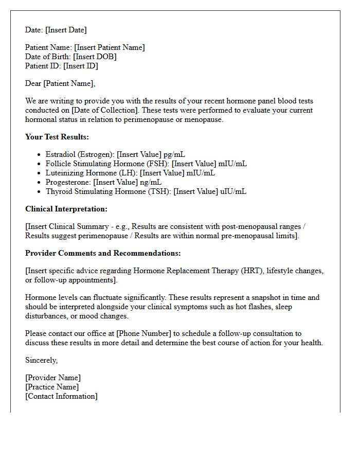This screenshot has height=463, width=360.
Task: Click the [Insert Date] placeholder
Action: pyautogui.click(x=66, y=30)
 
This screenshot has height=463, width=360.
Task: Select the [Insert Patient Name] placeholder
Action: pyautogui.click(x=109, y=47)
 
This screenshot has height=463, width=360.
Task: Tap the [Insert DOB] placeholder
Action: pyautogui.click(x=95, y=57)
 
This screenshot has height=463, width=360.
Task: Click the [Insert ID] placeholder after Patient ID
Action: pyautogui.click(x=80, y=66)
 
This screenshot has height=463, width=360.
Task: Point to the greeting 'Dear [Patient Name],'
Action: pyautogui.click(x=60, y=83)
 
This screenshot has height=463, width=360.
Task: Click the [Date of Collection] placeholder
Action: pyautogui.click(x=106, y=110)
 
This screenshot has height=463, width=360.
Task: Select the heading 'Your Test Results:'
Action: pyautogui.click(x=57, y=137)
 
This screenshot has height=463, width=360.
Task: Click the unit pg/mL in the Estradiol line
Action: pyautogui.click(x=175, y=154)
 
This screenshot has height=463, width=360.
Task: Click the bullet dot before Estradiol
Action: pyautogui.click(x=40, y=155)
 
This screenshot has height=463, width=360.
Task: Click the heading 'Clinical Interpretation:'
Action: pyautogui.click(x=66, y=209)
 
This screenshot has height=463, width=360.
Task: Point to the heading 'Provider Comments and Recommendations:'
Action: pyautogui.click(x=103, y=253)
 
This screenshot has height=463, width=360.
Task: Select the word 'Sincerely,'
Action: pyautogui.click(x=41, y=360)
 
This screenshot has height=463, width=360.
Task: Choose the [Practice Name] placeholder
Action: pyautogui.click(x=52, y=387)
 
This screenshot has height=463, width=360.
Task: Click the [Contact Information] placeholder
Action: pyautogui.click(x=61, y=396)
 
